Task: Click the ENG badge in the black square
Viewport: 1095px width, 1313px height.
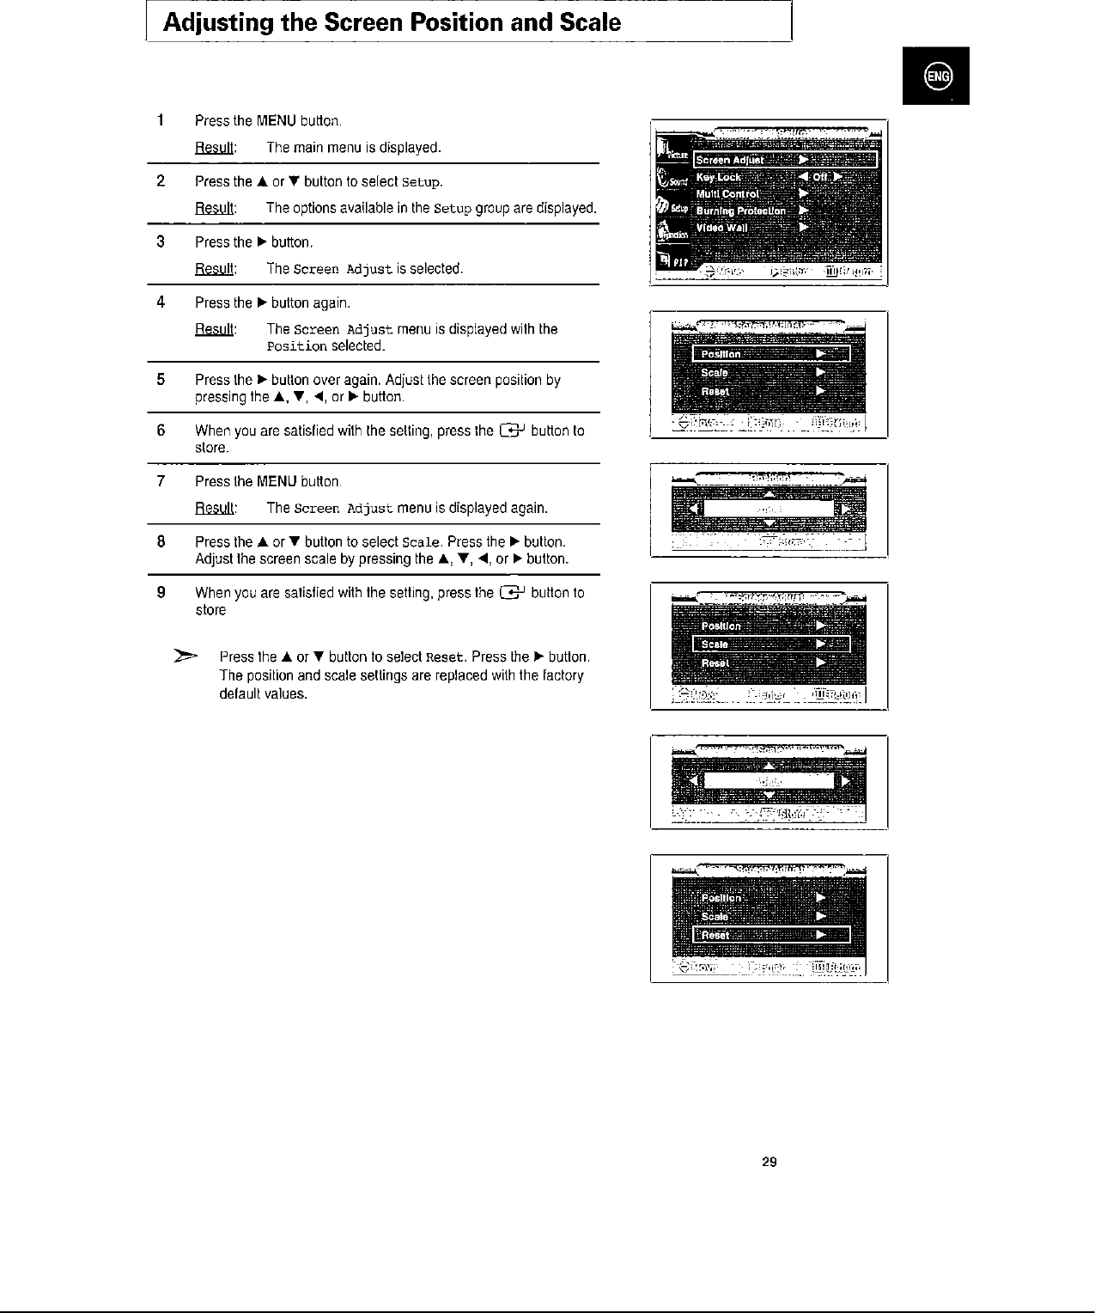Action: click(x=936, y=76)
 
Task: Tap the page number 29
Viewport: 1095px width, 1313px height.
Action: click(x=770, y=1163)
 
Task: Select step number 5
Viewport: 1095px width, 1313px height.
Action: click(x=161, y=380)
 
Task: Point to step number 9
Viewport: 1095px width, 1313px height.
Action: click(x=161, y=593)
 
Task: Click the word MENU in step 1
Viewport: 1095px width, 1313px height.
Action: click(x=277, y=121)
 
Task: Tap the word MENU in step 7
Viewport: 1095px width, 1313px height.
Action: click(x=277, y=482)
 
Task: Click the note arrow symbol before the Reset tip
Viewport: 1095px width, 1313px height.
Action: click(x=186, y=657)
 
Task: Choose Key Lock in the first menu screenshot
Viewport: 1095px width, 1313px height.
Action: click(x=718, y=177)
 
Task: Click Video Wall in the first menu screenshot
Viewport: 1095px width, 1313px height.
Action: click(x=721, y=228)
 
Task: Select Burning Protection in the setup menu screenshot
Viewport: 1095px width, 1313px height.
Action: click(x=740, y=211)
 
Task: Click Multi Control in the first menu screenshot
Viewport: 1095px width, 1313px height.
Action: click(x=727, y=194)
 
